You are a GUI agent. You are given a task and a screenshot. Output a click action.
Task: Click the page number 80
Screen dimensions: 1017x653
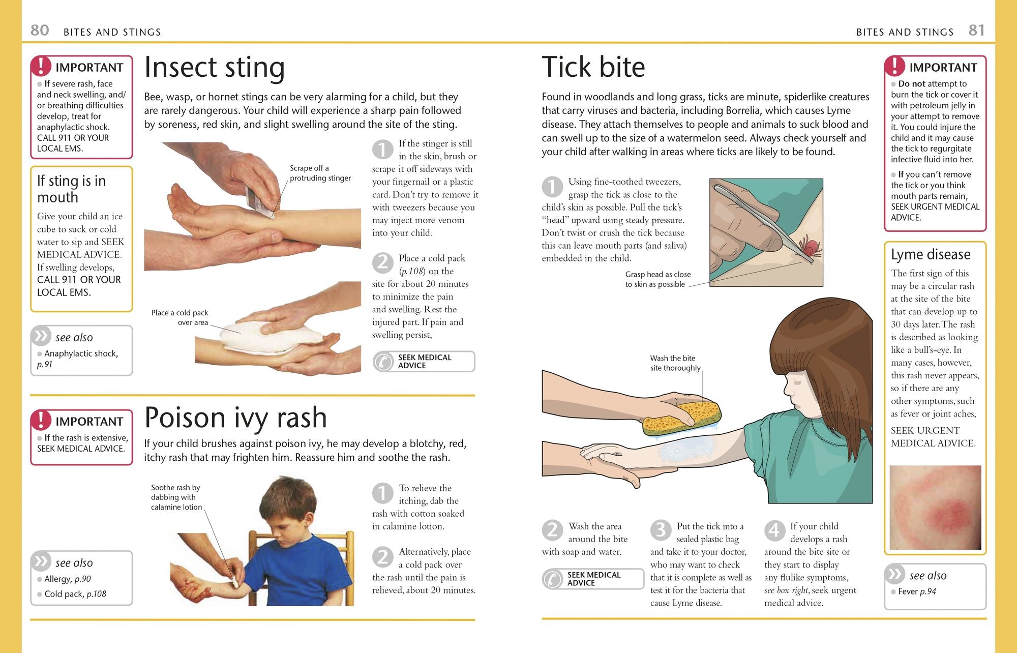coord(40,30)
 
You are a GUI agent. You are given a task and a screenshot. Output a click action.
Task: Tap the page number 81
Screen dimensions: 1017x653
coord(976,30)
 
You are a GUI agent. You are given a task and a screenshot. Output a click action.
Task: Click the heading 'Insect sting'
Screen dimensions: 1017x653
coord(214,68)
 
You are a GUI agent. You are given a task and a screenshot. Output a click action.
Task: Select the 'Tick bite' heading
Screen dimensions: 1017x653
coord(593,67)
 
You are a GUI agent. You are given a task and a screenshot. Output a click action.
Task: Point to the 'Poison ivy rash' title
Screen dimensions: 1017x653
coord(235,418)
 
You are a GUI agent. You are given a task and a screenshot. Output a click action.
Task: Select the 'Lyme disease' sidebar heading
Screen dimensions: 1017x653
coord(931,254)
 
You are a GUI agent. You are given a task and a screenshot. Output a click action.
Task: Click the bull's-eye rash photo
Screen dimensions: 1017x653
coord(935,507)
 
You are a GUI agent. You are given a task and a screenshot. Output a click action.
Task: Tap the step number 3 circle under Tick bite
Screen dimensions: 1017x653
coord(661,530)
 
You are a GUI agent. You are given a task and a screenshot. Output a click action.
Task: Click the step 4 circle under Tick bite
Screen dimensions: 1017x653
coord(774,530)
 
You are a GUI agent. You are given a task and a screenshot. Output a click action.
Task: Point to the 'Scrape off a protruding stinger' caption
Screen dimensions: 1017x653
coord(320,173)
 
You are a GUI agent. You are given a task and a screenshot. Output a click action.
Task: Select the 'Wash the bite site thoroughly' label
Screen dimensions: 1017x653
coord(675,363)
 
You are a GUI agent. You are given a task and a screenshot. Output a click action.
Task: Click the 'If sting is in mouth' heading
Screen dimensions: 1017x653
coord(72,189)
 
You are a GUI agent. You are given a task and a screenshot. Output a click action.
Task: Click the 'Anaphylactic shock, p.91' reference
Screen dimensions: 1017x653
coord(77,359)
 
